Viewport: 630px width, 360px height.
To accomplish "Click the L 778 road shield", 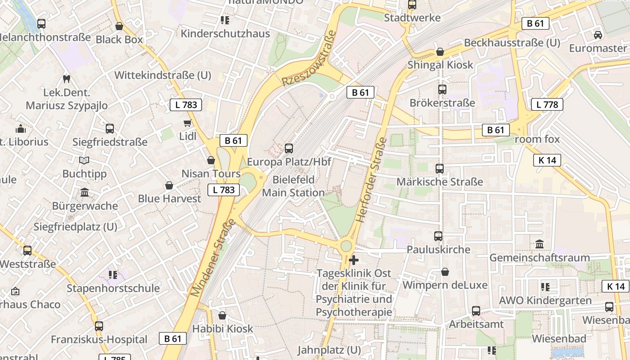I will click(x=547, y=105).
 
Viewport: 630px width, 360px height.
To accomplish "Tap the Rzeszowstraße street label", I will click(x=310, y=58).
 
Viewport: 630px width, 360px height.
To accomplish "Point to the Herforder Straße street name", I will click(x=372, y=180).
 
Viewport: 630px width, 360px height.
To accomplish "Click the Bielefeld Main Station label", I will click(x=293, y=186).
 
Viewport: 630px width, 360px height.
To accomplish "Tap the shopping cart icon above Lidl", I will click(x=188, y=123).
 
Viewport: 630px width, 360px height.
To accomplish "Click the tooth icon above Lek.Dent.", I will click(x=67, y=79).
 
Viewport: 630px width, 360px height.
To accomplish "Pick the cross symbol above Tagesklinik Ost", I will click(x=354, y=260).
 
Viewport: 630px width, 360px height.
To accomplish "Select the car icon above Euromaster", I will click(x=598, y=35).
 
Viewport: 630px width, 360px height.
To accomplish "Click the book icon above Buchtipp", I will click(x=84, y=160).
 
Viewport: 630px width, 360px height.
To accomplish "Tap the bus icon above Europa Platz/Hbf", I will click(x=289, y=148).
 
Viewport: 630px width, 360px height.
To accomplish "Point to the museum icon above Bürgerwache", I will click(x=85, y=193).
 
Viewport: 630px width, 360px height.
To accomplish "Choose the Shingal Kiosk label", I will click(x=440, y=65).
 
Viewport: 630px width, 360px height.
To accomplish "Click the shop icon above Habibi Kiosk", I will click(x=222, y=316).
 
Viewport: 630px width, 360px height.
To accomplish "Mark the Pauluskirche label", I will click(x=438, y=249).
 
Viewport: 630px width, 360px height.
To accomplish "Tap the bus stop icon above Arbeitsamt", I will click(x=476, y=311).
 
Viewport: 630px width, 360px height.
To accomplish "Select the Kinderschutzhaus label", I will click(x=225, y=34).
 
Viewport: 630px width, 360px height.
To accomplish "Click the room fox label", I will click(x=537, y=139).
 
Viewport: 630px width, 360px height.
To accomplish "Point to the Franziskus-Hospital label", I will click(x=99, y=339).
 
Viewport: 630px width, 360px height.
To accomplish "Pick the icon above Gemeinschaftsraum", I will click(x=540, y=244).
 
